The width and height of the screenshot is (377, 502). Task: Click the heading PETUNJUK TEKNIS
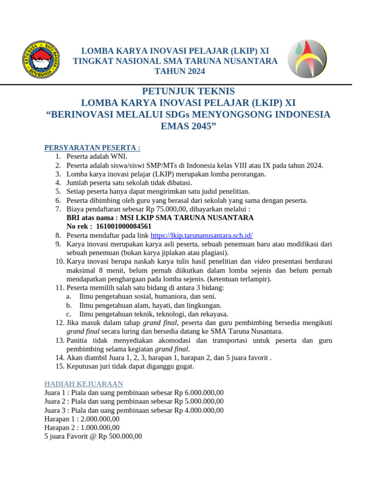pos(188,91)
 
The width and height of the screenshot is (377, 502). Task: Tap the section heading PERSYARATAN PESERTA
pos(92,148)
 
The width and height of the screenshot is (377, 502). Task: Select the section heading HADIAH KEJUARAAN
pos(83,383)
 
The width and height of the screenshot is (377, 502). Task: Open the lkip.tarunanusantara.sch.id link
pos(201,235)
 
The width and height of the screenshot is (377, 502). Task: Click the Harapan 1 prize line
pos(81,419)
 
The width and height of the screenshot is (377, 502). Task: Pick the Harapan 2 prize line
pos(81,427)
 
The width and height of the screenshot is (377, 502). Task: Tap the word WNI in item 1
pos(119,156)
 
